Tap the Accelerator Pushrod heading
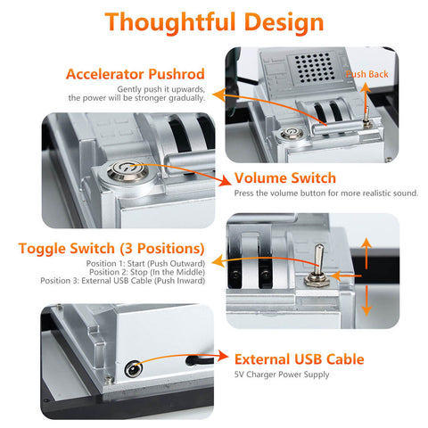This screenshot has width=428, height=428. pyautogui.click(x=136, y=74)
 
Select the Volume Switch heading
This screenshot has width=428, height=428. pyautogui.click(x=285, y=178)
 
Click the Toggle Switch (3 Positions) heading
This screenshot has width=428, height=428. pyautogui.click(x=111, y=249)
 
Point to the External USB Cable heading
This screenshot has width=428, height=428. pyautogui.click(x=300, y=359)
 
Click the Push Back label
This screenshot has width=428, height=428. pyautogui.click(x=367, y=74)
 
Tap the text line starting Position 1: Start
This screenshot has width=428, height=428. pyautogui.click(x=145, y=264)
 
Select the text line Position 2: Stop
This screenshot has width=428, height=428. pyautogui.click(x=147, y=272)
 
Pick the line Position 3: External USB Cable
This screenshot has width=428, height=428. pyautogui.click(x=123, y=281)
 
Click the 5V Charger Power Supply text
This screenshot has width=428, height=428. pyautogui.click(x=282, y=374)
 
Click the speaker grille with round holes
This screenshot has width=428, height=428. pyautogui.click(x=314, y=68)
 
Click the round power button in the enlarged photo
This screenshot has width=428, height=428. pyautogui.click(x=128, y=171)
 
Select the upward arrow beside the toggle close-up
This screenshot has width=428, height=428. pyautogui.click(x=366, y=253)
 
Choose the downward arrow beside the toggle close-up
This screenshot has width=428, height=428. pyautogui.click(x=366, y=300)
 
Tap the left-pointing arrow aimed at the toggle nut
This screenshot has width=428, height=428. pyautogui.click(x=346, y=276)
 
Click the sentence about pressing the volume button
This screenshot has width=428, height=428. pyautogui.click(x=326, y=193)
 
